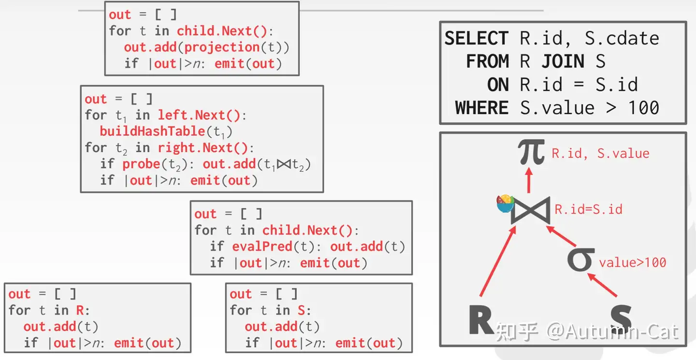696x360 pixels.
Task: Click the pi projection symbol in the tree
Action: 531,152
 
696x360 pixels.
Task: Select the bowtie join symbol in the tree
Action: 530,210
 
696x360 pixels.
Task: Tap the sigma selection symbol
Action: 580,259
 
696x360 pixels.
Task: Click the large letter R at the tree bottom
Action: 481,319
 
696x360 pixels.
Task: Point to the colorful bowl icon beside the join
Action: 505,204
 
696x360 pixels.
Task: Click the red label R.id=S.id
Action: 589,209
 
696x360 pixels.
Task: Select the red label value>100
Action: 633,262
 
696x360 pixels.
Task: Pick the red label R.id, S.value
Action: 600,153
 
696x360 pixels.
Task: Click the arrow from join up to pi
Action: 529,180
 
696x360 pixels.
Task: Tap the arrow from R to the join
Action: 498,261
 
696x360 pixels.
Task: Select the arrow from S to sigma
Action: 602,285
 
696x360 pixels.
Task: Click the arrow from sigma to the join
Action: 561,236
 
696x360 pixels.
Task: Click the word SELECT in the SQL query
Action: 477,38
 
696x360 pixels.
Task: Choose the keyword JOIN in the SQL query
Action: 563,61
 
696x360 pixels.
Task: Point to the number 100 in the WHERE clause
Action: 643,108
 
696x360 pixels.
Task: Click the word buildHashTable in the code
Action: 152,131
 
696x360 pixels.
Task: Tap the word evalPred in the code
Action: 262,246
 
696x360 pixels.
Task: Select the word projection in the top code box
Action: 222,47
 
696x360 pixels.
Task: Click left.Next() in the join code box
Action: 199,115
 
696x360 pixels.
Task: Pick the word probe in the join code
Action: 141,164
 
